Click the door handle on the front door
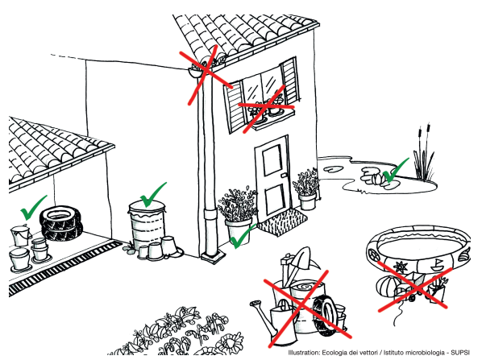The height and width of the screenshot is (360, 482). [284, 175]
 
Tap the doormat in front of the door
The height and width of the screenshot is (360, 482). [282, 221]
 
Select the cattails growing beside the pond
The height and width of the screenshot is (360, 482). [424, 154]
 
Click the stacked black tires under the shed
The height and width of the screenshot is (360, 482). [61, 223]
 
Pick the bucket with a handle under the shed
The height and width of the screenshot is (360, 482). [20, 235]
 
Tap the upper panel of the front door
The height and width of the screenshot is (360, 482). [272, 160]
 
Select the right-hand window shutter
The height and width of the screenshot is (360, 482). [290, 81]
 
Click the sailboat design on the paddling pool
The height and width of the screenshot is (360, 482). [438, 265]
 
